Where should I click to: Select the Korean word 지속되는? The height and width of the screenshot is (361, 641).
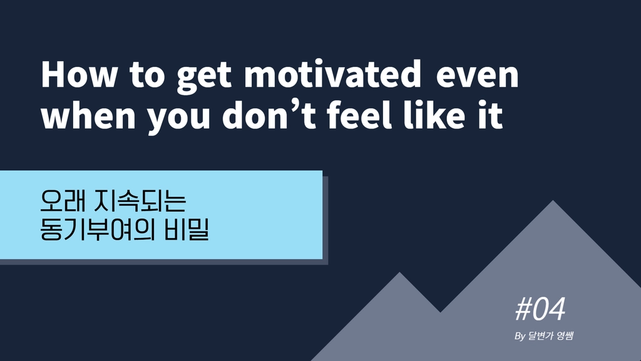click(x=140, y=201)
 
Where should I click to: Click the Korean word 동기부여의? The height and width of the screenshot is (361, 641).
click(x=97, y=229)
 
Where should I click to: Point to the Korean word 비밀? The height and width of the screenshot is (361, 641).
click(x=187, y=229)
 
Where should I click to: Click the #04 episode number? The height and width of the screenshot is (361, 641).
click(x=540, y=309)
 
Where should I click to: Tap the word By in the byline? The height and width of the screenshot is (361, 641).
click(x=520, y=337)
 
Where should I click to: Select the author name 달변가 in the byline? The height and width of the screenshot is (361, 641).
click(x=541, y=336)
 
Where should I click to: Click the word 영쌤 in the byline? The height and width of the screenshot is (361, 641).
click(x=565, y=336)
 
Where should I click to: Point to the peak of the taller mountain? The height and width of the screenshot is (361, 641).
click(x=553, y=201)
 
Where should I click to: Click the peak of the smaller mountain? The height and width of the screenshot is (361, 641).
click(x=399, y=273)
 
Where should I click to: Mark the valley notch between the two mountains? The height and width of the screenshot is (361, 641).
click(x=440, y=312)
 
